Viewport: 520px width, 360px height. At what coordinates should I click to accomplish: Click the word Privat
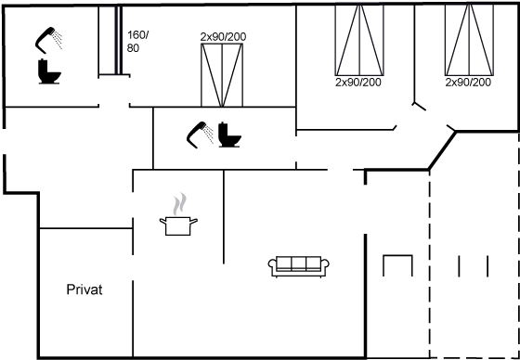pos(84,289)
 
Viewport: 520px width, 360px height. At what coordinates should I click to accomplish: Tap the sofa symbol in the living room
pos(298,266)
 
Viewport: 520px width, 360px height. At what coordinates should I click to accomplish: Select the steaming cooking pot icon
pos(178,214)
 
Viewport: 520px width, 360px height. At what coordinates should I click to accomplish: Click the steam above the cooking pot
pos(179,204)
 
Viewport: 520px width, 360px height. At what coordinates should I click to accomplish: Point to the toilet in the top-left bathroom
pos(49,71)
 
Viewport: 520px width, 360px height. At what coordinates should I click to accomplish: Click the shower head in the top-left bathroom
pos(48,40)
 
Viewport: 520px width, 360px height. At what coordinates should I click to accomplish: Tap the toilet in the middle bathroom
pos(229,135)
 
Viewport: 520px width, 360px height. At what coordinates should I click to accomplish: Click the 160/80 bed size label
pos(136,42)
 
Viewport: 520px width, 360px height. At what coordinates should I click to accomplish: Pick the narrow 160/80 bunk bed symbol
pos(119,40)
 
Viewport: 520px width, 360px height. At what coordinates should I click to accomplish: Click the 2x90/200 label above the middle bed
pos(223,37)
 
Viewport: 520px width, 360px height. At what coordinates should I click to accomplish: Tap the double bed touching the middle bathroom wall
pos(222,75)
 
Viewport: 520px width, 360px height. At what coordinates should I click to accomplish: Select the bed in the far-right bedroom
pos(469,40)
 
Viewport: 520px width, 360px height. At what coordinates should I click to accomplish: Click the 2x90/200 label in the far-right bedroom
pos(468,83)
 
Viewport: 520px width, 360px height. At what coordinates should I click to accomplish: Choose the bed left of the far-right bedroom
pos(359,40)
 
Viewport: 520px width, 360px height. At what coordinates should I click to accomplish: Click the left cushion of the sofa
pos(284,263)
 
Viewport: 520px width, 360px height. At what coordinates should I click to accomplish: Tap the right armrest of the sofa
pos(325,266)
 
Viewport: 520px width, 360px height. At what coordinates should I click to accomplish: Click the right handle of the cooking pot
pos(194,221)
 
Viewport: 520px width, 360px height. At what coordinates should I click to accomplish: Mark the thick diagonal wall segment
pos(442,151)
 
